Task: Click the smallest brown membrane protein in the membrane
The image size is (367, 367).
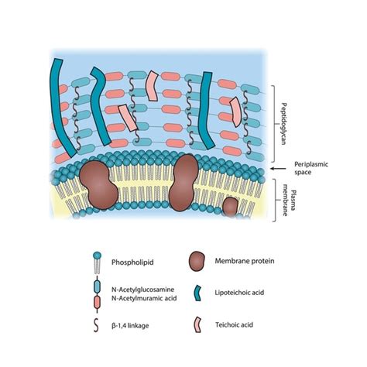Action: pyautogui.click(x=231, y=206)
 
